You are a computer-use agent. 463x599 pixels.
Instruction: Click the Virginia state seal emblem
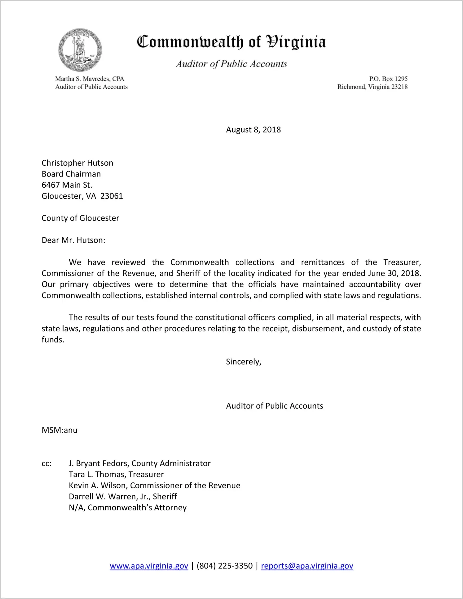pos(80,50)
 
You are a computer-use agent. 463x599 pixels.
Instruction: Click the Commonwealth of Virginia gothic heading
pos(231,42)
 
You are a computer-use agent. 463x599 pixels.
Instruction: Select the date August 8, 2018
pos(253,130)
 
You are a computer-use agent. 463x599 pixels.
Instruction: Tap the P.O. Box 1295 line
pos(388,79)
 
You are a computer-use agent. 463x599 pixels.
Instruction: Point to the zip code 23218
pos(399,87)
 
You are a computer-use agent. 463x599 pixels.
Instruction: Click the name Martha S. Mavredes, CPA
pos(90,79)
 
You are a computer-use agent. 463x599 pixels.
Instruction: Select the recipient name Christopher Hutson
pos(77,163)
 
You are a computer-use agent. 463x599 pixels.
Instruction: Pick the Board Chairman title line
pos(71,174)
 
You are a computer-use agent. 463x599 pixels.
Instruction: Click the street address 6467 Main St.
pos(67,185)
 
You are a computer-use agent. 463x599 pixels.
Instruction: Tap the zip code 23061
pos(112,196)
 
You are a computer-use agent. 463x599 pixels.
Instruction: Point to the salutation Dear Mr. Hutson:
pos(73,240)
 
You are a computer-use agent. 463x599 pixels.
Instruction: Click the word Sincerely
pos(243,362)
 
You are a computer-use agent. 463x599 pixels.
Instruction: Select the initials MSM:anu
pos(60,430)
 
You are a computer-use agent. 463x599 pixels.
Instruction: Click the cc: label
pos(46,463)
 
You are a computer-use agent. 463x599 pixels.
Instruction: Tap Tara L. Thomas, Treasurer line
pos(116,474)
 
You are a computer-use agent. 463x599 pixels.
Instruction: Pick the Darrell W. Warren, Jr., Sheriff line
pos(123,497)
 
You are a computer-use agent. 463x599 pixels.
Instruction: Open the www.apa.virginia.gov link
pos(149,566)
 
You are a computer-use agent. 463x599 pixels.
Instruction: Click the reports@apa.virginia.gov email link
pos(307,566)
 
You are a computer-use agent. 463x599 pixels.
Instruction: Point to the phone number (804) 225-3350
pos(224,566)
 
